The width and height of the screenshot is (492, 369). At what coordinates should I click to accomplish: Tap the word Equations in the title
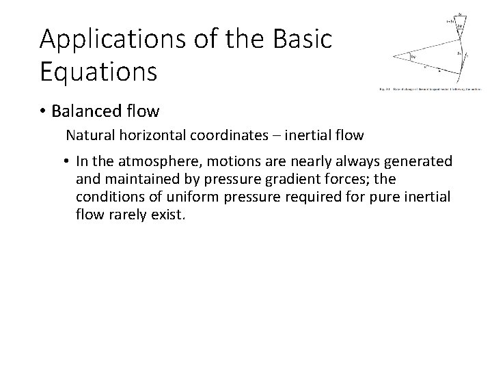click(x=98, y=70)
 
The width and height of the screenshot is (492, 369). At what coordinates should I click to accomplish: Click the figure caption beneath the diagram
click(x=430, y=88)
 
